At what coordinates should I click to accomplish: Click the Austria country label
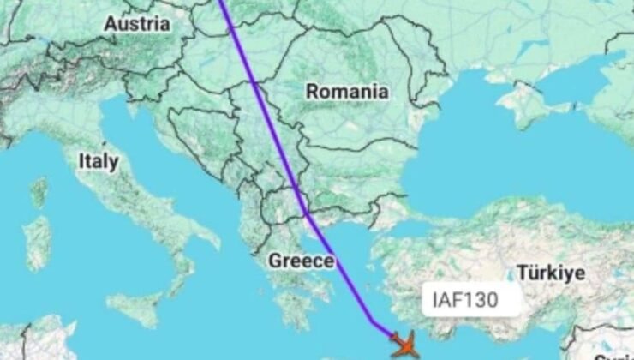(x=136, y=25)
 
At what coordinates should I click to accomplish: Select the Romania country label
(x=347, y=91)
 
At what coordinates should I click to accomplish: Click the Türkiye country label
(x=550, y=273)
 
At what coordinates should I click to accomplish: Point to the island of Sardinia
(x=36, y=243)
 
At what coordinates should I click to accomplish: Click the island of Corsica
(x=39, y=193)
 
